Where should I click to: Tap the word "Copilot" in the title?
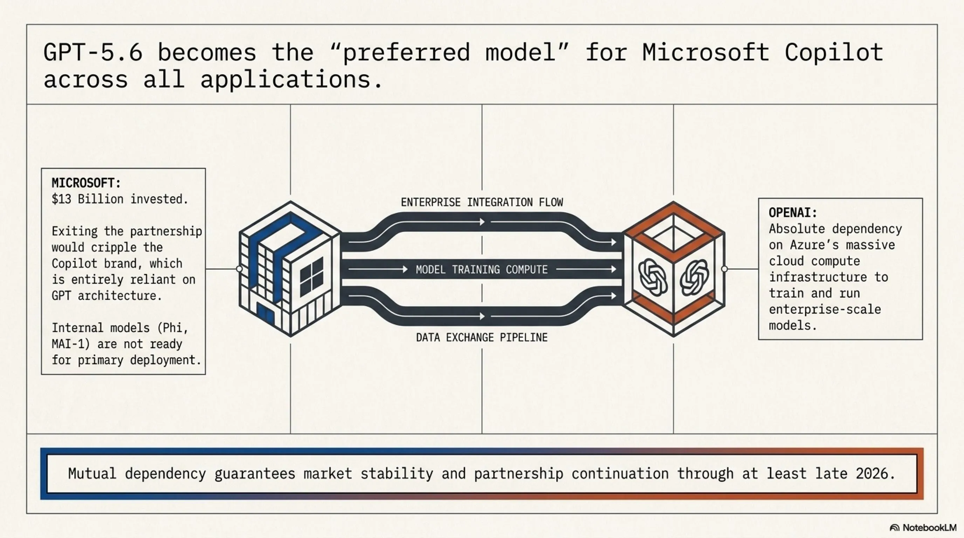(x=834, y=53)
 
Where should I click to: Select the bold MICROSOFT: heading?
(x=87, y=183)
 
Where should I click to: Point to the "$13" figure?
(x=61, y=199)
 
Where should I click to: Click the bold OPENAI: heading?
(x=793, y=213)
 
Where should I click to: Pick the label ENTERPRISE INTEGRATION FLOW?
(x=482, y=202)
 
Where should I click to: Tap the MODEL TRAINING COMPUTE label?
(x=482, y=269)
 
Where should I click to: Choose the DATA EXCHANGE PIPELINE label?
(x=482, y=337)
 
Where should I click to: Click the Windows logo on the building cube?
(x=311, y=276)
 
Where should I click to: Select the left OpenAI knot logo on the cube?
(x=653, y=277)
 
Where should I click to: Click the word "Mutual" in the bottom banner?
(x=92, y=474)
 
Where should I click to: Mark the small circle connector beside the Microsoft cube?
(x=240, y=269)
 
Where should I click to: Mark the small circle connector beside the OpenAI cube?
(x=724, y=269)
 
